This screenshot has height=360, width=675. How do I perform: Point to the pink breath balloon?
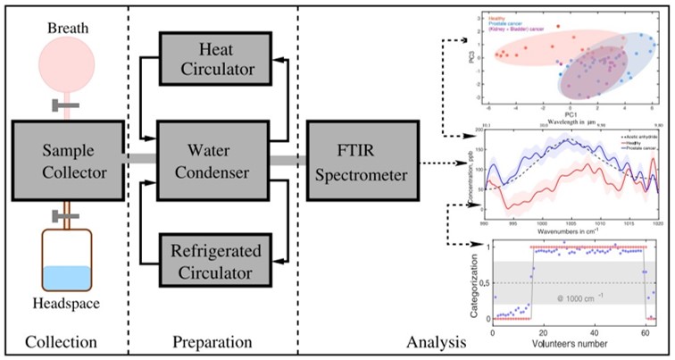[x=62, y=58]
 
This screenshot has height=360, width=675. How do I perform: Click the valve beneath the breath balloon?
[x=60, y=107]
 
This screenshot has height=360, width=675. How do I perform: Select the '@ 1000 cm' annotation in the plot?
[x=578, y=296]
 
